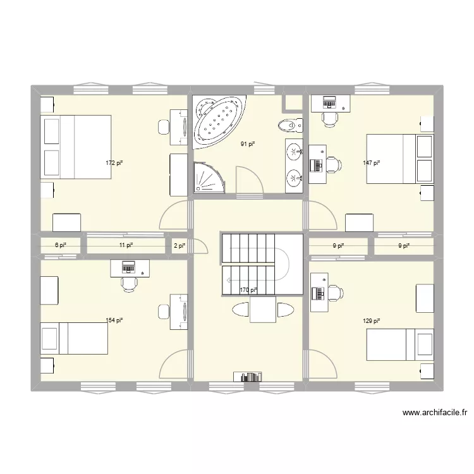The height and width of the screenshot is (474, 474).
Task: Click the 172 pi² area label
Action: [114, 163]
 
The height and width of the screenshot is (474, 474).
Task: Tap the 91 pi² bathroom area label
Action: [248, 144]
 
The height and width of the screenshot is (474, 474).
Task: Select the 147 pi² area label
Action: [372, 163]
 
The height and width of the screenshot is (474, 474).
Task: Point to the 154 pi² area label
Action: [114, 321]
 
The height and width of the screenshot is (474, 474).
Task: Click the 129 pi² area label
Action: [372, 321]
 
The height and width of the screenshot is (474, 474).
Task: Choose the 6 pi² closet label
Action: [60, 245]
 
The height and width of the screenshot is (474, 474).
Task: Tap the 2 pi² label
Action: [179, 245]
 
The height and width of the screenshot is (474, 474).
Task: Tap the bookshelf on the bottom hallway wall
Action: [247, 377]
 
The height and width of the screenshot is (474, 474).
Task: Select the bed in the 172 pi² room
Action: [76, 147]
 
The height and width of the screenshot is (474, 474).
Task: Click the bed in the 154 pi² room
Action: [74, 338]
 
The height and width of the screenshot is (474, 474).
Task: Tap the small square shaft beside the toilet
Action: [293, 104]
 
